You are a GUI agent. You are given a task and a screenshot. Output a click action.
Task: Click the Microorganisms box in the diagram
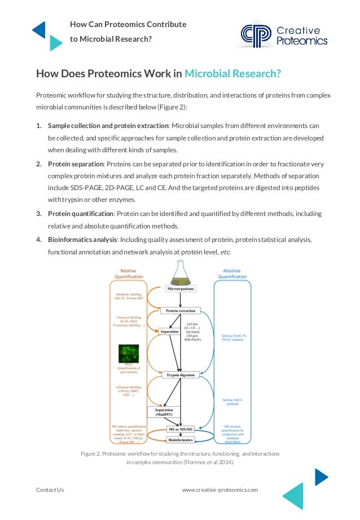180,289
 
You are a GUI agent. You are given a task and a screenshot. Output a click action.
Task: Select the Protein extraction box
180,311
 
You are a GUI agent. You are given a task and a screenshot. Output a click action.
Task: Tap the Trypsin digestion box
180,374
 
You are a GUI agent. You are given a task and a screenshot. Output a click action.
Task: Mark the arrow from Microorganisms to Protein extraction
180,300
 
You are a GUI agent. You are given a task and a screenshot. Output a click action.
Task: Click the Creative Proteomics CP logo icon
256,34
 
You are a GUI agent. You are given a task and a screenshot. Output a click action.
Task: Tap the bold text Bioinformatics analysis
82,240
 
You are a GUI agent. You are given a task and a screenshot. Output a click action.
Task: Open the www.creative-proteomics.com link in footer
219,490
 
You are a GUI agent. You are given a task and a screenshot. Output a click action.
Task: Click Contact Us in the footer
50,490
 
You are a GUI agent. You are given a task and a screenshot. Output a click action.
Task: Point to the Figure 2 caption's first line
180,454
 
